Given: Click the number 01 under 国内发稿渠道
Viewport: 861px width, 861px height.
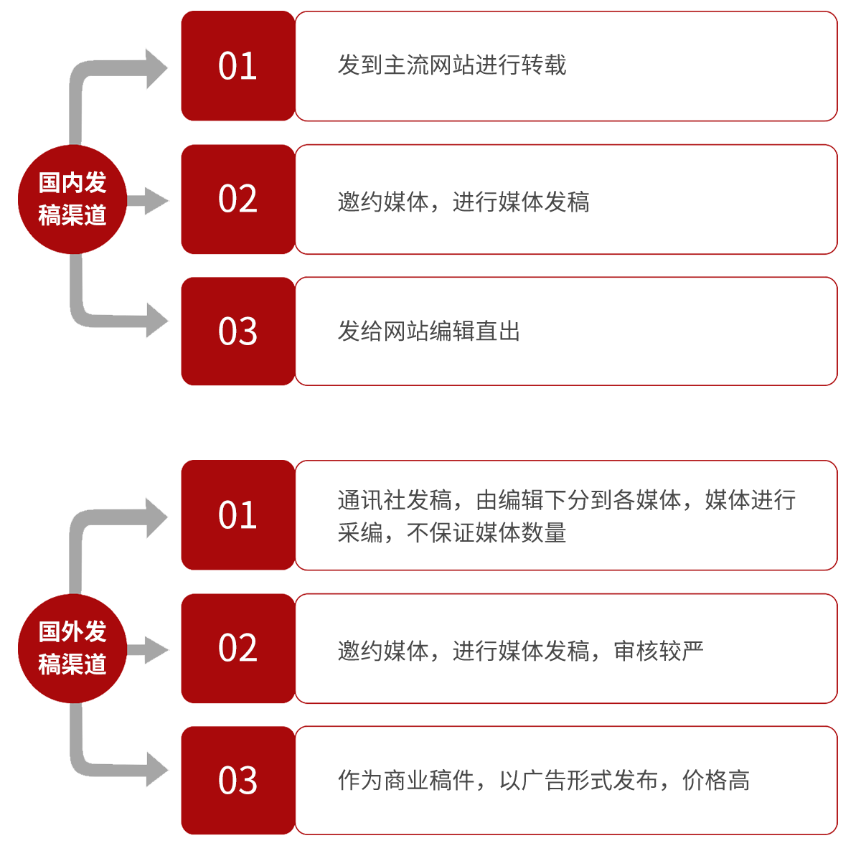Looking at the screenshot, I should pos(237,66).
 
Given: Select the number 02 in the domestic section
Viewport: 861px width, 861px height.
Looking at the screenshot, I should pos(237,199).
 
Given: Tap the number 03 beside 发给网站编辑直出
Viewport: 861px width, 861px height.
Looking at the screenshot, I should pos(237,331).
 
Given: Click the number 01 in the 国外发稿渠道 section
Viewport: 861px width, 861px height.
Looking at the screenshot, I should pos(237,515).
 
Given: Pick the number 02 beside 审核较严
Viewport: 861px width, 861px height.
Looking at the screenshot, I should pos(237,648).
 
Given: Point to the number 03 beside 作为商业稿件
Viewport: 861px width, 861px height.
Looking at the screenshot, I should pos(237,781).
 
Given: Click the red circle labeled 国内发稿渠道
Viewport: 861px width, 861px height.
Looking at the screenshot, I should pos(72,199).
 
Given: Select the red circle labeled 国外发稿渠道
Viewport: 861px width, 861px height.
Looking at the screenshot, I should pos(72,648).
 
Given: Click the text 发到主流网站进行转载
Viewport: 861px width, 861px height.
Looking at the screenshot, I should pos(452,65).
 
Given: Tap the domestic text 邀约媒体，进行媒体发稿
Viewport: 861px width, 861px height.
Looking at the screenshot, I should pos(463,202).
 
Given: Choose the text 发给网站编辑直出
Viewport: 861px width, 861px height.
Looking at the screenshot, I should pos(428,331).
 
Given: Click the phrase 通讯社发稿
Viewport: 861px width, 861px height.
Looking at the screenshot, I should pos(395,500).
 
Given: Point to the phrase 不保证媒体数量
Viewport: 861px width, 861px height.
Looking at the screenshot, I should pos(486,532).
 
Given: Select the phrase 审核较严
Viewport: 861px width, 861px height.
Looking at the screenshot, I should pos(657,651).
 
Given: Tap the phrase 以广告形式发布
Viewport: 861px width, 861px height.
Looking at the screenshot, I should pos(578,780).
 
